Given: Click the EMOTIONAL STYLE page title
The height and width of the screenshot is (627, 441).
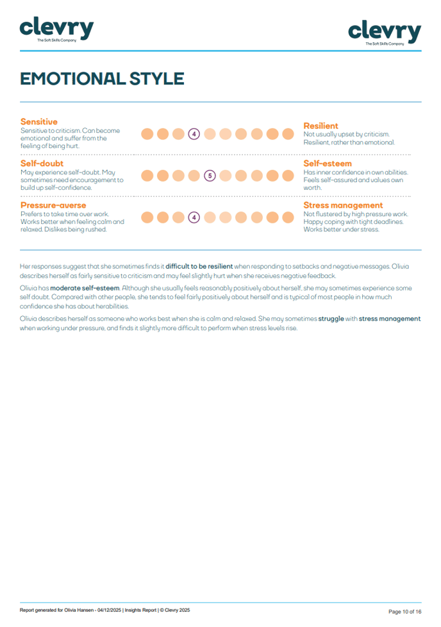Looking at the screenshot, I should (x=102, y=79).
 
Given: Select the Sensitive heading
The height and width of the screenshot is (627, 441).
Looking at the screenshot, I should (x=39, y=122).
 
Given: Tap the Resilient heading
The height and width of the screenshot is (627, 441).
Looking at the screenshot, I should (x=320, y=126).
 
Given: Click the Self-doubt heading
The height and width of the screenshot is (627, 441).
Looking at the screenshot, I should (x=42, y=163).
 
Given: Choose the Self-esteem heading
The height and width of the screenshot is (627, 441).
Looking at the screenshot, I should (x=328, y=163).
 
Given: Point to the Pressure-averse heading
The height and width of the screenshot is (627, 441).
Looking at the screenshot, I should (x=53, y=205).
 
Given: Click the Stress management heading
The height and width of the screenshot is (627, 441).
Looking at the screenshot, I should (x=343, y=205).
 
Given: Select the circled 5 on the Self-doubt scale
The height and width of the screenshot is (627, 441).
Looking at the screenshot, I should (x=209, y=176).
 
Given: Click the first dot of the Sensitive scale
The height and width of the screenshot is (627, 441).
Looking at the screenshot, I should (x=147, y=134).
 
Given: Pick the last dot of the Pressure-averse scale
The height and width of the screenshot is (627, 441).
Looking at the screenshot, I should (x=288, y=217).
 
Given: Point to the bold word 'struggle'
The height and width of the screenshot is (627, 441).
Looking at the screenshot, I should (x=340, y=319).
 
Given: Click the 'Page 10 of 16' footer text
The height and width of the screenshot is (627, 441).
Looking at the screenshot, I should (x=404, y=611).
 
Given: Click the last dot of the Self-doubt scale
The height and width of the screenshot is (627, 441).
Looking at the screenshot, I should (x=288, y=176).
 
